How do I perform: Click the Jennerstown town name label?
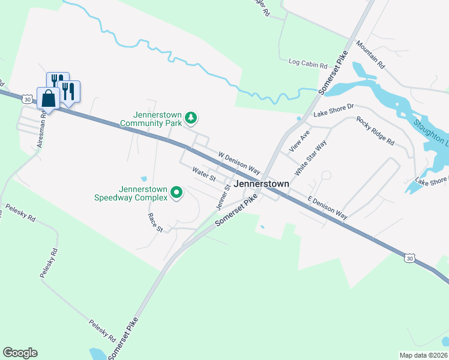[x=262, y=184]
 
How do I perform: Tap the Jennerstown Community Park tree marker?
[x=191, y=118]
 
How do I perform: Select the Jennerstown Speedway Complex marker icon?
[x=176, y=193]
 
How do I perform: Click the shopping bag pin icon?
[x=48, y=97]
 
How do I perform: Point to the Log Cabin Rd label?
[x=307, y=62]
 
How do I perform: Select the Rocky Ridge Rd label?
[x=375, y=131]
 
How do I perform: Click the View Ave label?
[x=298, y=140]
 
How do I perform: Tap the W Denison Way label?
[x=239, y=163]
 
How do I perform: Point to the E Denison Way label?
[x=328, y=208]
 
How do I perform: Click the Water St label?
[x=203, y=174]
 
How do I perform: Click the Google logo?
[x=20, y=353]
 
